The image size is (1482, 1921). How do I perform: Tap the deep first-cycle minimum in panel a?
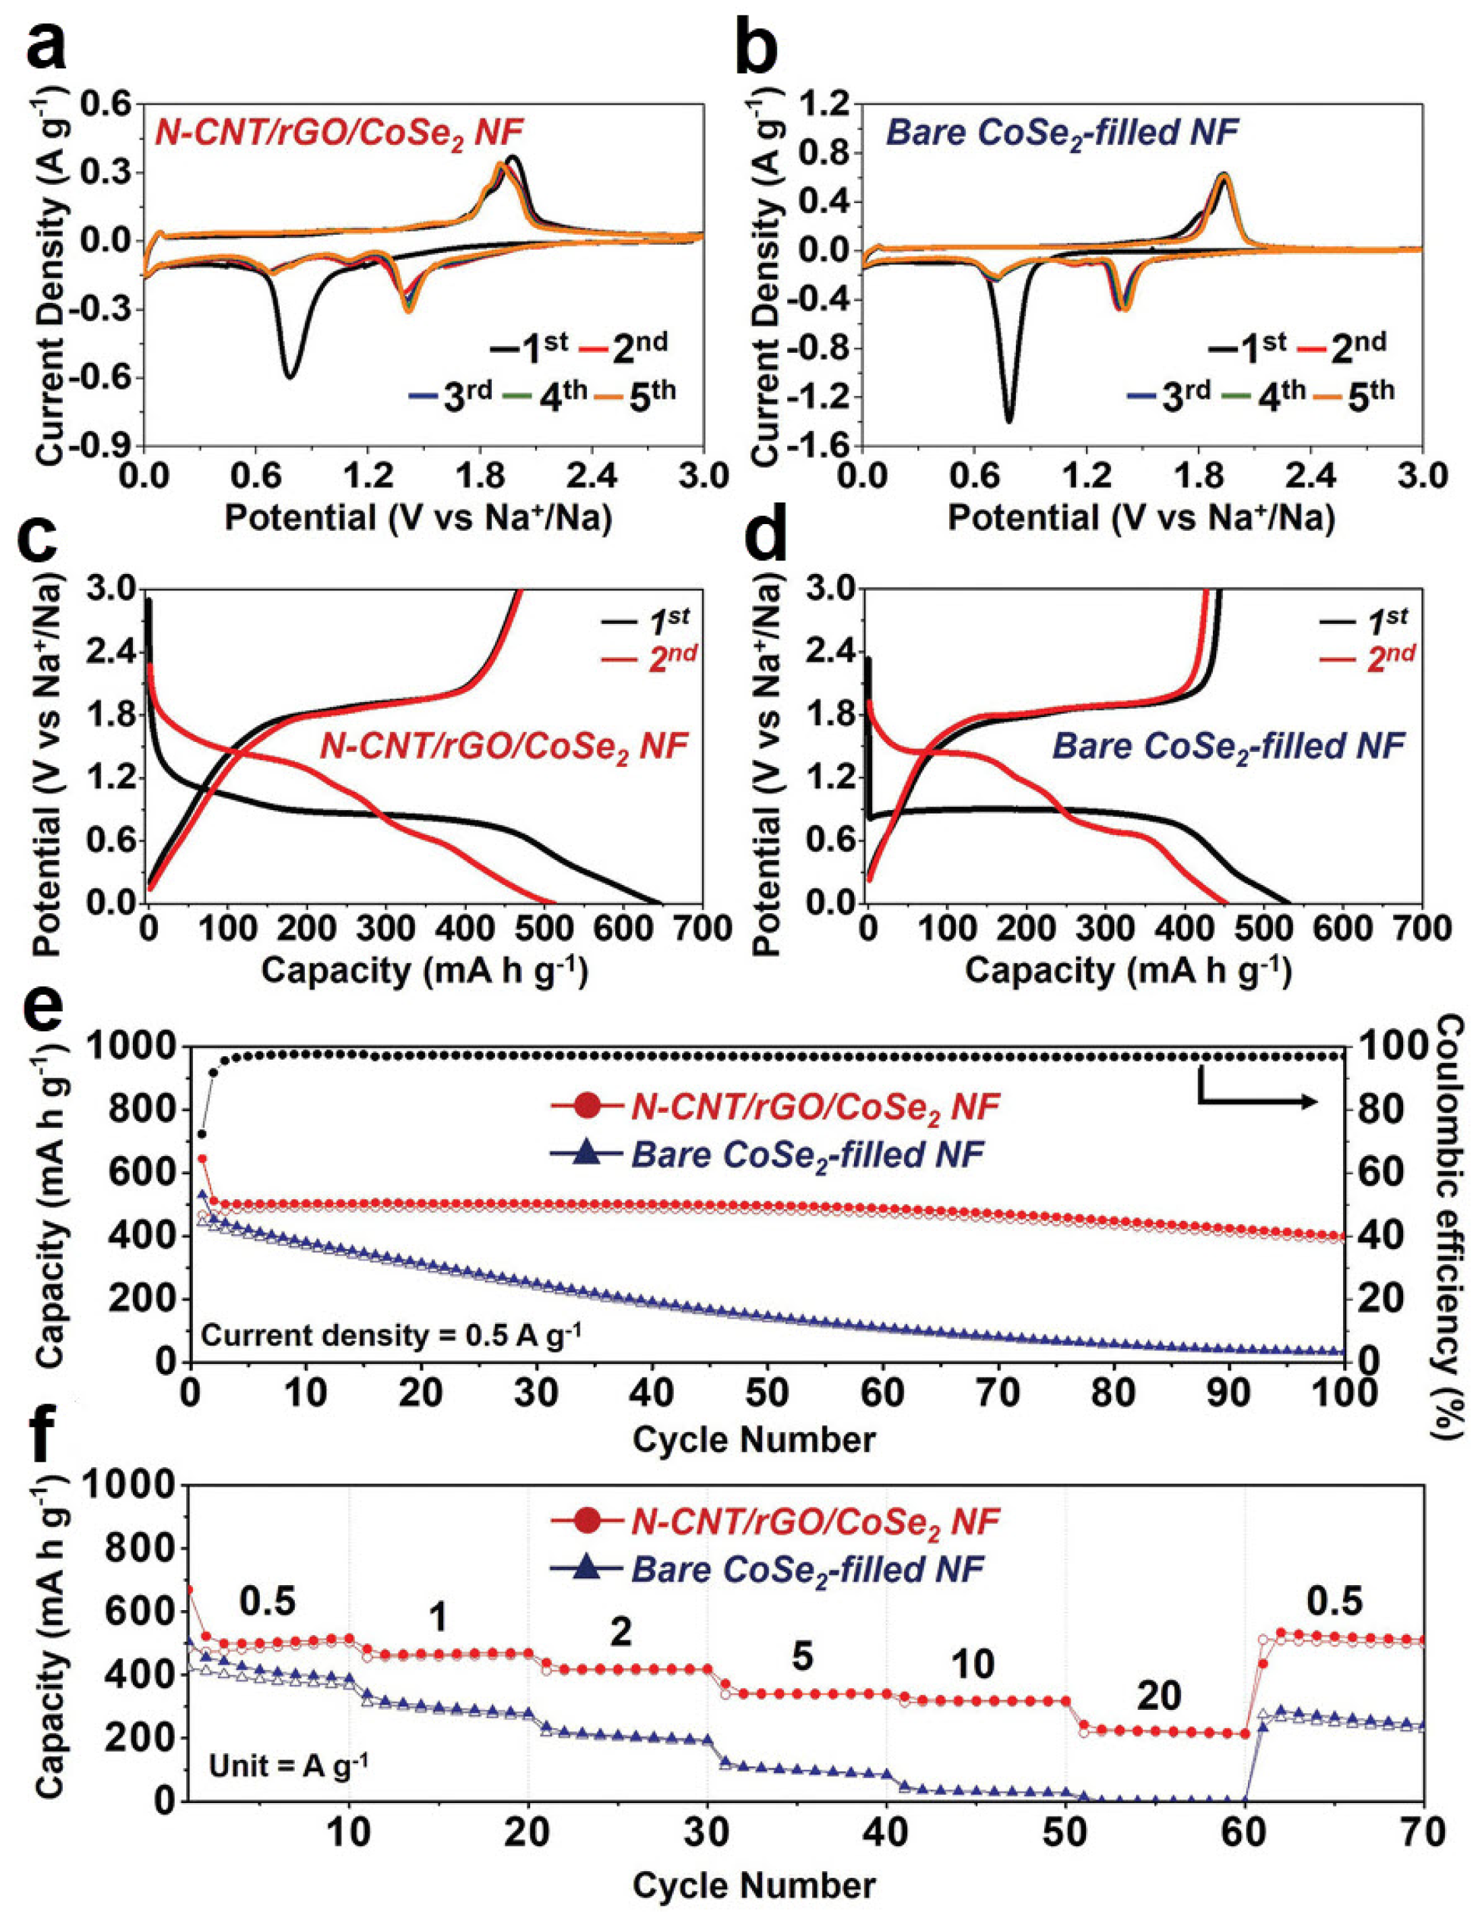(x=289, y=376)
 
